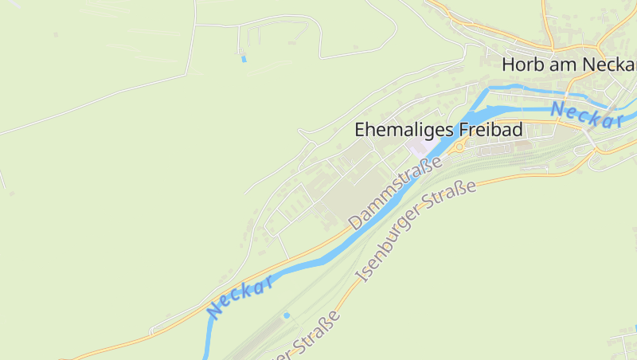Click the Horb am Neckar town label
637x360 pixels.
[569, 65]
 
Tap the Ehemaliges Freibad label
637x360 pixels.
[438, 129]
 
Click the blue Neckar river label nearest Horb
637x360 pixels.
[586, 115]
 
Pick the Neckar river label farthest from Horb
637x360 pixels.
[241, 296]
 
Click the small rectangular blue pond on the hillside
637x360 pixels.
[244, 58]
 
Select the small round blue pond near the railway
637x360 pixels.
[287, 315]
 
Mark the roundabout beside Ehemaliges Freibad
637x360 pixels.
[459, 147]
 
